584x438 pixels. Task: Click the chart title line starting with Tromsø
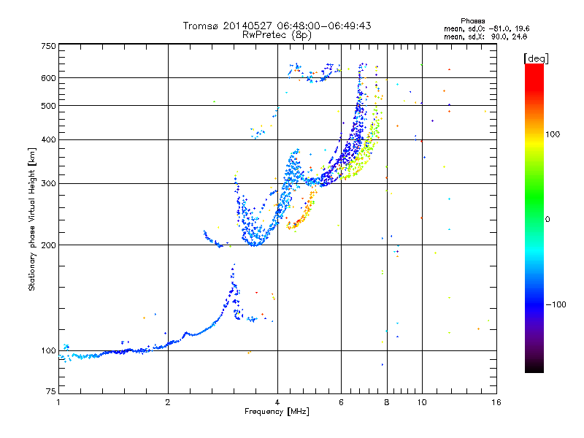277,26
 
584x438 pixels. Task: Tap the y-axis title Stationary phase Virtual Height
32,219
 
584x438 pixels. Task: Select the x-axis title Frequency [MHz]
277,412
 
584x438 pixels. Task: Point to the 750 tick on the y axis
48,46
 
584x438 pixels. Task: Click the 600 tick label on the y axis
48,78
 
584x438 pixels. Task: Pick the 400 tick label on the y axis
48,139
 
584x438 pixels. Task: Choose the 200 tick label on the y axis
48,245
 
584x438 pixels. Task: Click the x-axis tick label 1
58,402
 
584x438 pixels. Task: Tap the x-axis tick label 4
277,402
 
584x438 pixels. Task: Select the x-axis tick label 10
422,402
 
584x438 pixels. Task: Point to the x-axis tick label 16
496,402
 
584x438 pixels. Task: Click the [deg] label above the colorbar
537,58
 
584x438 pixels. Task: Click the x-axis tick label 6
342,402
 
